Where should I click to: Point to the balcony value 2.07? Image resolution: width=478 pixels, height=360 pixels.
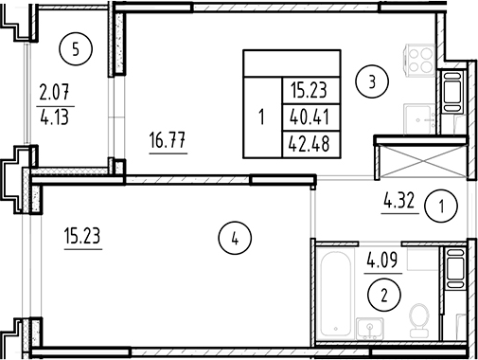point(53,93)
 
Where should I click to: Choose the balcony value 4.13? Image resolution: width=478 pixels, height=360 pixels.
point(53,119)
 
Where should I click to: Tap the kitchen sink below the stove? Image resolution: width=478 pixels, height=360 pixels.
point(451,95)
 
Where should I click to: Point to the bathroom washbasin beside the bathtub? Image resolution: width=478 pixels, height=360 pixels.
point(368,327)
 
